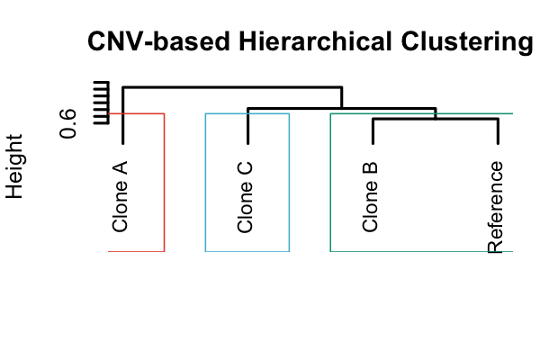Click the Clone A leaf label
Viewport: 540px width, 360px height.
[x=121, y=196]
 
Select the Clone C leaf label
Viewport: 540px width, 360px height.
[x=246, y=196]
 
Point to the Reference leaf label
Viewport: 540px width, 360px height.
[x=495, y=209]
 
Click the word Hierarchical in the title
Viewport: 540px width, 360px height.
[x=297, y=42]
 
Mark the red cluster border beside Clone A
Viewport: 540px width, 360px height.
[x=164, y=180]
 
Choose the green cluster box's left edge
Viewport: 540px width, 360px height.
[x=331, y=180]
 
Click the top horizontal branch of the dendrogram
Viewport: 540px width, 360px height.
[x=232, y=87]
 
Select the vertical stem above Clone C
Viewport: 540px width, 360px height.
[x=247, y=126]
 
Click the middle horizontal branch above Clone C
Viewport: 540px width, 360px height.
[x=342, y=108]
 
